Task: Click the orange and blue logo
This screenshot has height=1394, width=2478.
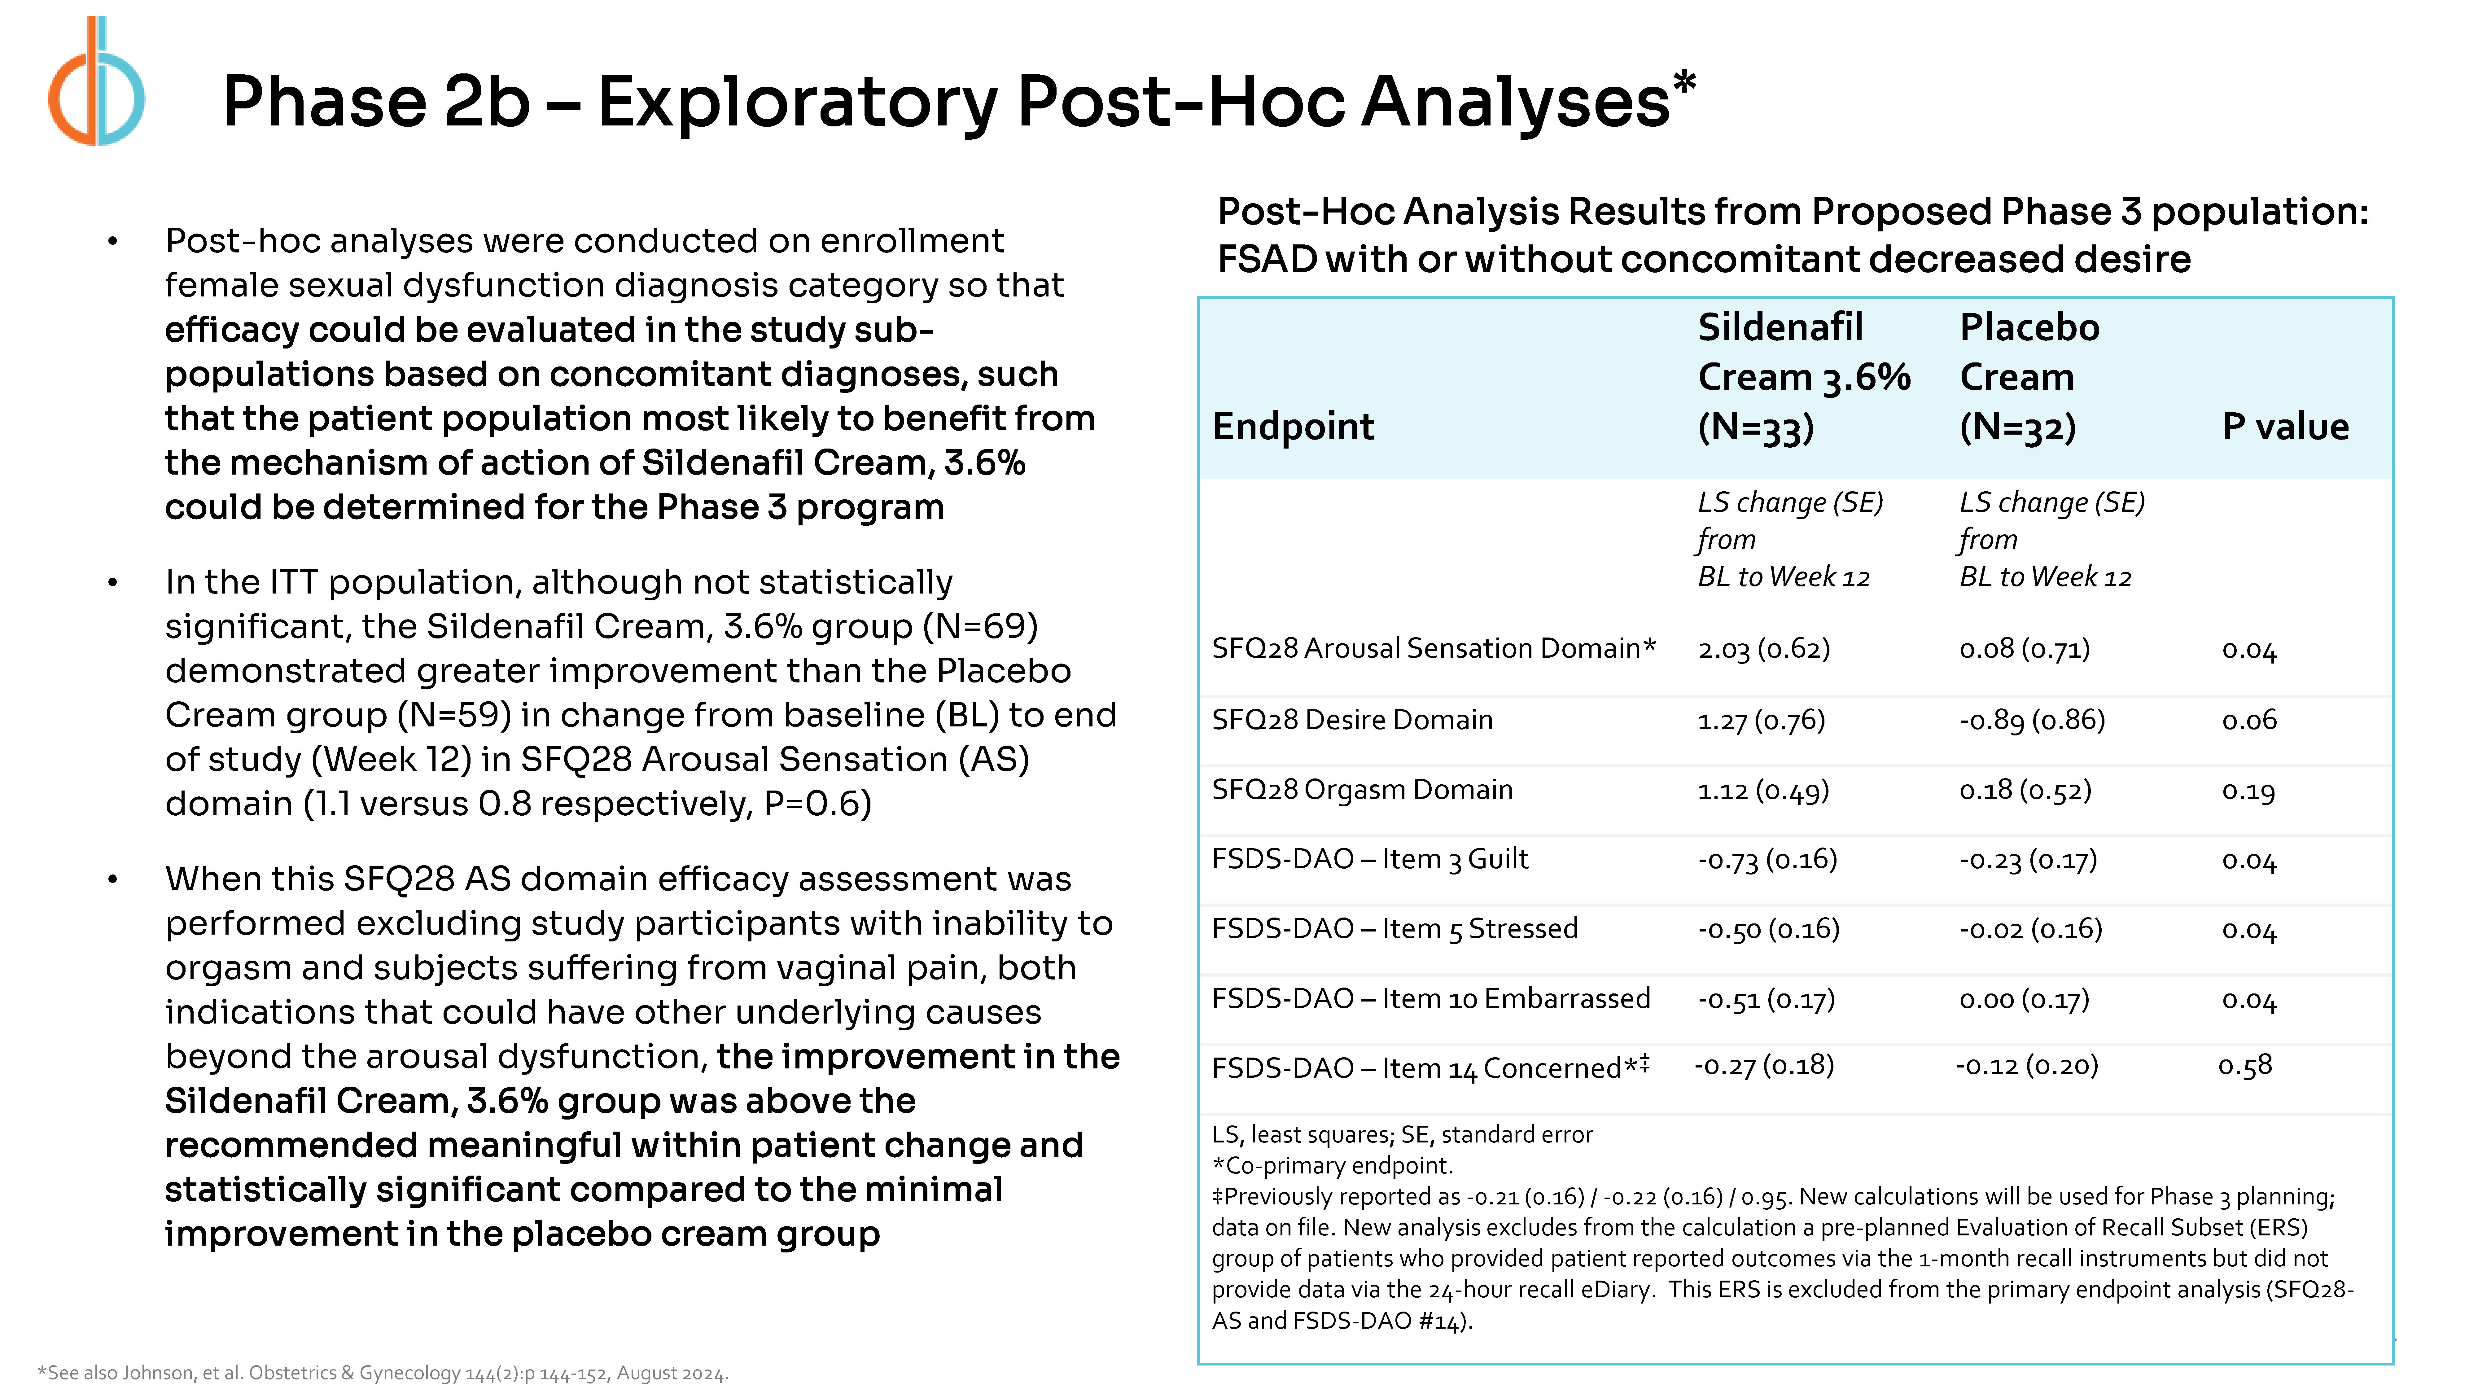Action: click(x=96, y=82)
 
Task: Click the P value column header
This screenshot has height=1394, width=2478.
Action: click(x=2285, y=426)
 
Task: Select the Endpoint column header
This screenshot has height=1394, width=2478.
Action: click(x=1293, y=426)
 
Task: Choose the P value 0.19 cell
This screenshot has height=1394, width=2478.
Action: click(x=2248, y=791)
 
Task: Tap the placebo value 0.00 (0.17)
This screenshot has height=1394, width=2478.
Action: click(x=2024, y=1000)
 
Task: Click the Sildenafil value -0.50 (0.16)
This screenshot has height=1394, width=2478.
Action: click(x=1768, y=929)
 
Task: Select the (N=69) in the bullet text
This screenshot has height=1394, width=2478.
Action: click(x=980, y=626)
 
